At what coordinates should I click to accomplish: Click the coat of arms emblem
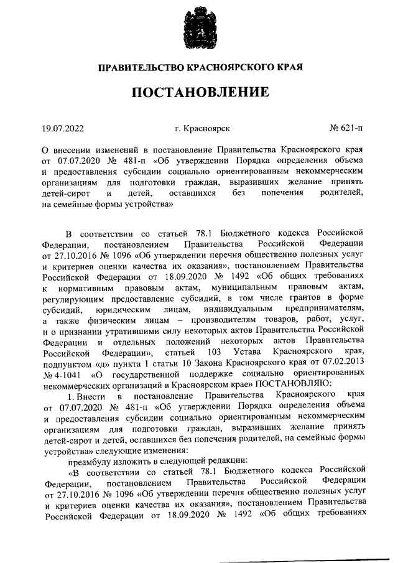click(199, 27)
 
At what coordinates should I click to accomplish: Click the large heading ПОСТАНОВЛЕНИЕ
click(199, 94)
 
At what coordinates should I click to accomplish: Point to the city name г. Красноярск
click(203, 129)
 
